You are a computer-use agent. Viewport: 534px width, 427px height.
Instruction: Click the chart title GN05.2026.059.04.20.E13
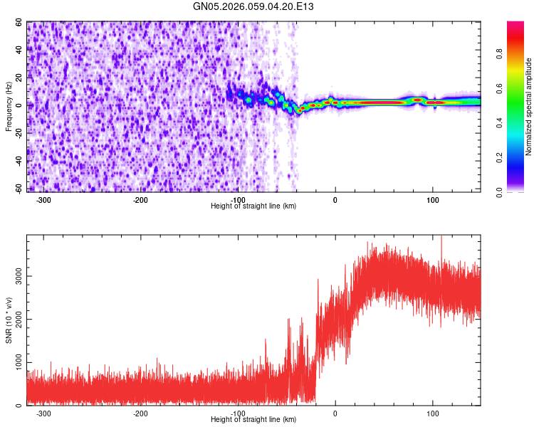(253, 6)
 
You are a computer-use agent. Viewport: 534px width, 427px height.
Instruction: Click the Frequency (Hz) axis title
(9, 107)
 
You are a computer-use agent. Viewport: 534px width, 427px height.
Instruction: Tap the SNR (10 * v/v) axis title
(9, 320)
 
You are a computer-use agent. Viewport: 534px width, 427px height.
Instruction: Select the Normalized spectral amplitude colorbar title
(529, 107)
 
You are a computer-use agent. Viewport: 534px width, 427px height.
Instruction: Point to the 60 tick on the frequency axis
(19, 22)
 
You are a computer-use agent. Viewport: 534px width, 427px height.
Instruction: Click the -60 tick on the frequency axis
(18, 188)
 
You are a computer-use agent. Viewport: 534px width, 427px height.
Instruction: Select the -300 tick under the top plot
(43, 200)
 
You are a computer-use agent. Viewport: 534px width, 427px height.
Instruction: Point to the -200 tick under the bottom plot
(141, 413)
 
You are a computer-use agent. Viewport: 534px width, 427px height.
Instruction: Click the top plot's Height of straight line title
(253, 206)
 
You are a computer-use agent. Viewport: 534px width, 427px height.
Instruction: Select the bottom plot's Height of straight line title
(253, 420)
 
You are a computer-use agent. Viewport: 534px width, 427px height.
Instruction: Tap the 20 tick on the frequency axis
(19, 78)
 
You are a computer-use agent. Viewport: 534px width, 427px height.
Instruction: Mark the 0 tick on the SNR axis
(21, 406)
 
